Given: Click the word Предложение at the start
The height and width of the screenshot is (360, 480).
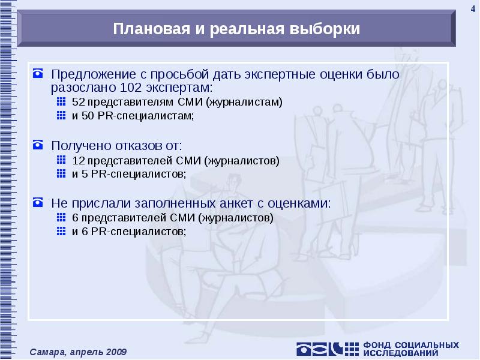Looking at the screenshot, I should click(x=88, y=74).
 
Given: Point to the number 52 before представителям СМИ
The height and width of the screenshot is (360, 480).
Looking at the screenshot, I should click(x=77, y=102).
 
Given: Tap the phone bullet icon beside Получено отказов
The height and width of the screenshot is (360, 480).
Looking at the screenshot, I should click(x=38, y=145).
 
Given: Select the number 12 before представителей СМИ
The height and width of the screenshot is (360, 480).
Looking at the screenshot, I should click(x=77, y=160).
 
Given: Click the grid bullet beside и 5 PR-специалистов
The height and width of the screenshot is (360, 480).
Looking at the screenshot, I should click(x=61, y=174).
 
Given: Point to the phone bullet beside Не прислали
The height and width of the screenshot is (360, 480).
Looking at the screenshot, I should click(x=38, y=203).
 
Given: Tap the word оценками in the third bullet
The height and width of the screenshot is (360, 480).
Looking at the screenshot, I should click(x=300, y=203).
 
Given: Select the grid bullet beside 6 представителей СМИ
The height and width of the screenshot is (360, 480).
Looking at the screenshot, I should click(x=61, y=218).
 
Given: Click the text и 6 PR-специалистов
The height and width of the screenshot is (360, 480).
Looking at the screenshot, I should click(x=129, y=232).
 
